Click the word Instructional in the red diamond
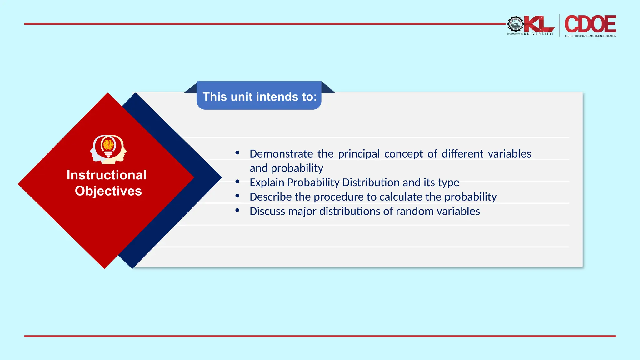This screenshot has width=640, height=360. click(107, 175)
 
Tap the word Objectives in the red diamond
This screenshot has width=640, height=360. click(108, 191)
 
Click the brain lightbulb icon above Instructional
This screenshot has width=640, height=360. click(108, 149)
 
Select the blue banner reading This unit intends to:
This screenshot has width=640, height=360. click(259, 96)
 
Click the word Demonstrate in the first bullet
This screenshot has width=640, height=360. click(281, 154)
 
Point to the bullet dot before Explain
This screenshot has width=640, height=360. click(237, 181)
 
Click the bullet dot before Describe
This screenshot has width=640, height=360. click(237, 196)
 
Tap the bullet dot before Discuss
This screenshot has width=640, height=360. click(237, 210)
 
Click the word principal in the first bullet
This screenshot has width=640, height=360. click(359, 154)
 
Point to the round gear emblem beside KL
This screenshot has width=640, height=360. click(515, 24)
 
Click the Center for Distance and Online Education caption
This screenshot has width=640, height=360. click(590, 36)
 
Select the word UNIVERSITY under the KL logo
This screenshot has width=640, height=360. click(538, 34)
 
